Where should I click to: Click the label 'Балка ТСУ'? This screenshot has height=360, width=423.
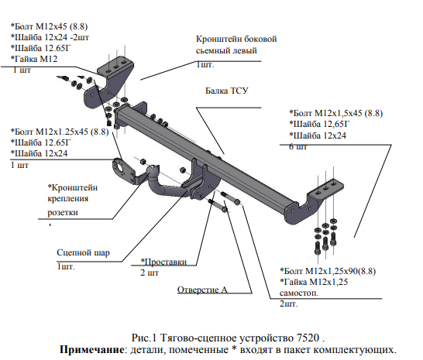(226, 91)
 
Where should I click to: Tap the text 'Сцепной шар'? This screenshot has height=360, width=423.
(83, 253)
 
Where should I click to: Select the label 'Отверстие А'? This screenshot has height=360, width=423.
(202, 290)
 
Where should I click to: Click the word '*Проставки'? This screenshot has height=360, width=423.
(163, 262)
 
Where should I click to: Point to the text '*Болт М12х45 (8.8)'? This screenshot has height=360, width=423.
(49, 26)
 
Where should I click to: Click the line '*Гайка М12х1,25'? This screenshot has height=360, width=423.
(314, 282)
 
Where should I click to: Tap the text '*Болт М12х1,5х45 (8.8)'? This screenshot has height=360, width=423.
(336, 113)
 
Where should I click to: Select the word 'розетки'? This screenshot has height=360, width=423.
(63, 212)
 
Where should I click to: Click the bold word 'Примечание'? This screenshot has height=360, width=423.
(91, 349)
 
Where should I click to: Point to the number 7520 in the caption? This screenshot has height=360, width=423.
(308, 338)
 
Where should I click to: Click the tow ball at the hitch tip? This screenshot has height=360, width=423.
(153, 171)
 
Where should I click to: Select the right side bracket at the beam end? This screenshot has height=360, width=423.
(315, 201)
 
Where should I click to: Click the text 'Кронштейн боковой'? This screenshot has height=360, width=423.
(236, 39)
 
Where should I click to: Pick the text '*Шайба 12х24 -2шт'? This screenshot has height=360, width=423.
(50, 37)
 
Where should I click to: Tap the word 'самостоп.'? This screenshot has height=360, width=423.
(299, 293)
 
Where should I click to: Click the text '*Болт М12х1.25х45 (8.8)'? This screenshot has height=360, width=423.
(60, 132)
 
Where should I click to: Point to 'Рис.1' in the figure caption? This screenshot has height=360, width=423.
(144, 338)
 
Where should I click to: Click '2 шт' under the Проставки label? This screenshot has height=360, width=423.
(150, 273)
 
